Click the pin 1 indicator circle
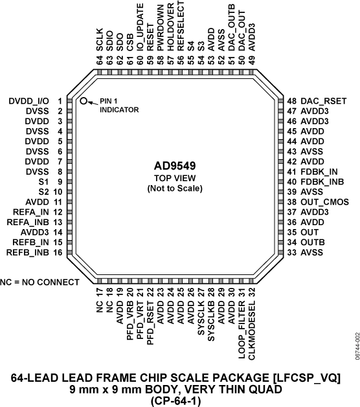click(84, 101)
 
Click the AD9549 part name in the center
click(175, 166)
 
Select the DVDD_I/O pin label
click(28, 101)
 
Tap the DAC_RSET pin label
click(323, 101)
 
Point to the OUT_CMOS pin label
click(324, 202)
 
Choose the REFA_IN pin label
click(31, 212)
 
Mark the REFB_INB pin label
click(28, 252)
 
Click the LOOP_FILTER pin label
click(242, 330)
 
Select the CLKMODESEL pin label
click(252, 330)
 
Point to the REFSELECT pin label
click(181, 26)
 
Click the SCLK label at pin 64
click(100, 39)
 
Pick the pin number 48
click(291, 101)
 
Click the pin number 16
click(58, 252)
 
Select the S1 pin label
click(43, 182)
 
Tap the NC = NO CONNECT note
click(39, 282)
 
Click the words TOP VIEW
click(175, 178)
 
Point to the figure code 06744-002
click(357, 346)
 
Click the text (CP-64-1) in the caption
click(176, 401)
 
